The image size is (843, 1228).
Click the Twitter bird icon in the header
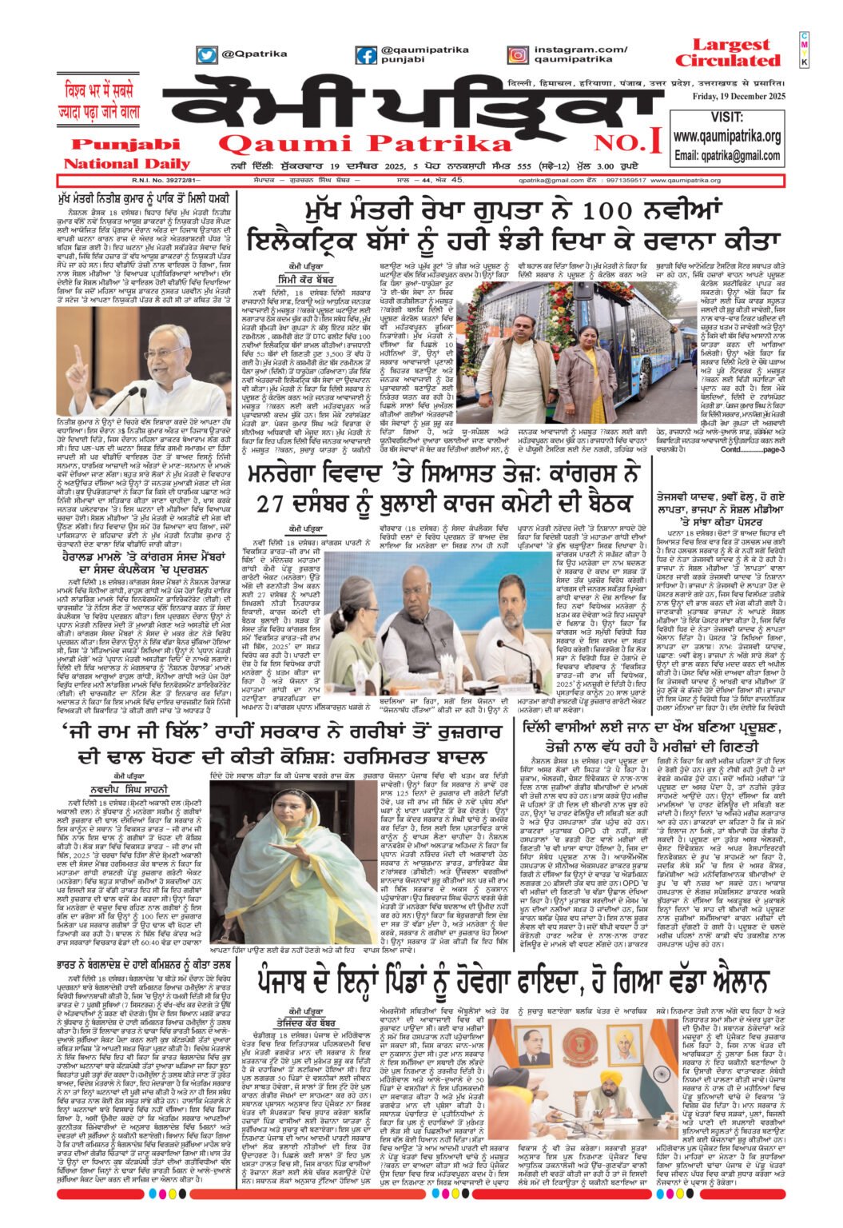click(207, 55)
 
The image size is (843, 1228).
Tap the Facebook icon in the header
click(367, 55)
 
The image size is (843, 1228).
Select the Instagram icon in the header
click(517, 55)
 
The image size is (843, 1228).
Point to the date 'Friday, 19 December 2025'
click(729, 97)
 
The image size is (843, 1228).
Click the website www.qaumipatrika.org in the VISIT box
click(727, 136)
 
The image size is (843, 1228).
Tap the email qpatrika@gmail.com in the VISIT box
click(727, 155)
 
